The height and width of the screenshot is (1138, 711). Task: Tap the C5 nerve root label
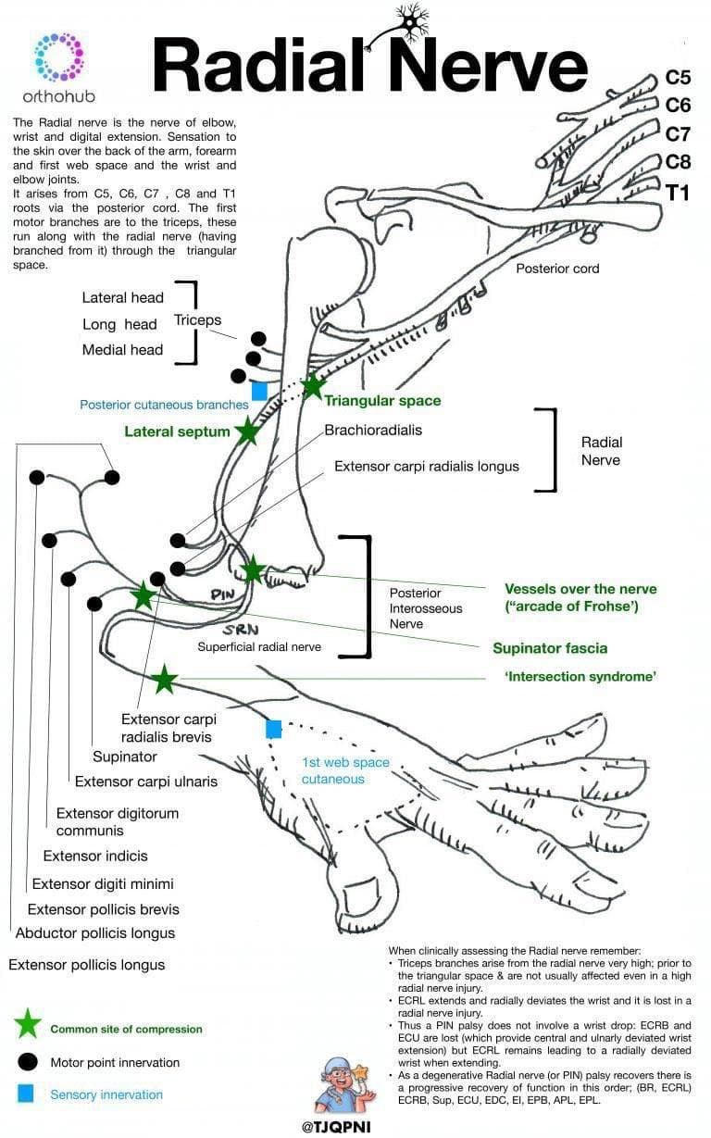coord(678,78)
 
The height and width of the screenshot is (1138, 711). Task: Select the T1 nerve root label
coord(678,193)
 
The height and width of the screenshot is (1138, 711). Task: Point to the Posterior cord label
coord(557,269)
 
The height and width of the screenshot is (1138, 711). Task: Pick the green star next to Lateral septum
coord(247,431)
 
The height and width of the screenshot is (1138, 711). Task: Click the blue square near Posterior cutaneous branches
coord(259,392)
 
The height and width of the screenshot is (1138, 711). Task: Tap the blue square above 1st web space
coord(273,729)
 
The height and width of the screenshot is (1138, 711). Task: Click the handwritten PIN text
coord(223,594)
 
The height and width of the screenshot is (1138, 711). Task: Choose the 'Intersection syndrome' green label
coord(580,677)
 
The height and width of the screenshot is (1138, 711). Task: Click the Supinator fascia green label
coord(550,648)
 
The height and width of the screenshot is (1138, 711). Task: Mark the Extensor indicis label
coord(95,856)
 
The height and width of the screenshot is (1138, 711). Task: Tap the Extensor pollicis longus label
coord(87,965)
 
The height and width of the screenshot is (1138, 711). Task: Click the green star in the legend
coord(28,1024)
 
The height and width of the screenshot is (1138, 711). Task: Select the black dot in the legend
coord(28,1061)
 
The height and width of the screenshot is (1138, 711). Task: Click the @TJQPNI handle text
coord(344,1127)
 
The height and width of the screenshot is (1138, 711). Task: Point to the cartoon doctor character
coord(344,1084)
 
